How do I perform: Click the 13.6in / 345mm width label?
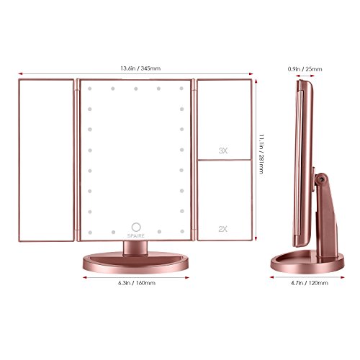click(x=140, y=68)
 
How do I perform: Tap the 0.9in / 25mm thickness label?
click(x=305, y=69)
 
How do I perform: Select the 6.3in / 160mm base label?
click(x=137, y=283)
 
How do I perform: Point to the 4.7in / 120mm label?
click(x=310, y=283)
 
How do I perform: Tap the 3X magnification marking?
click(x=222, y=150)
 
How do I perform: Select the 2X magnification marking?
click(x=222, y=229)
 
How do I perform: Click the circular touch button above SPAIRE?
click(x=136, y=227)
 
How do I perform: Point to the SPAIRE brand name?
click(x=136, y=236)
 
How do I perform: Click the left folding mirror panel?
click(x=46, y=160)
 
